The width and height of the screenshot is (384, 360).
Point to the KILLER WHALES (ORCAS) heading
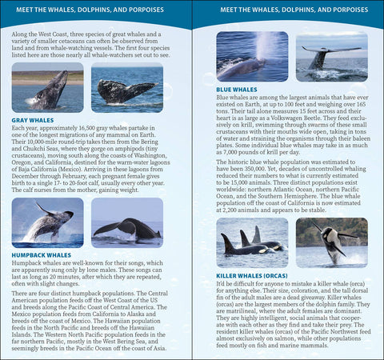coord(252,274)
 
